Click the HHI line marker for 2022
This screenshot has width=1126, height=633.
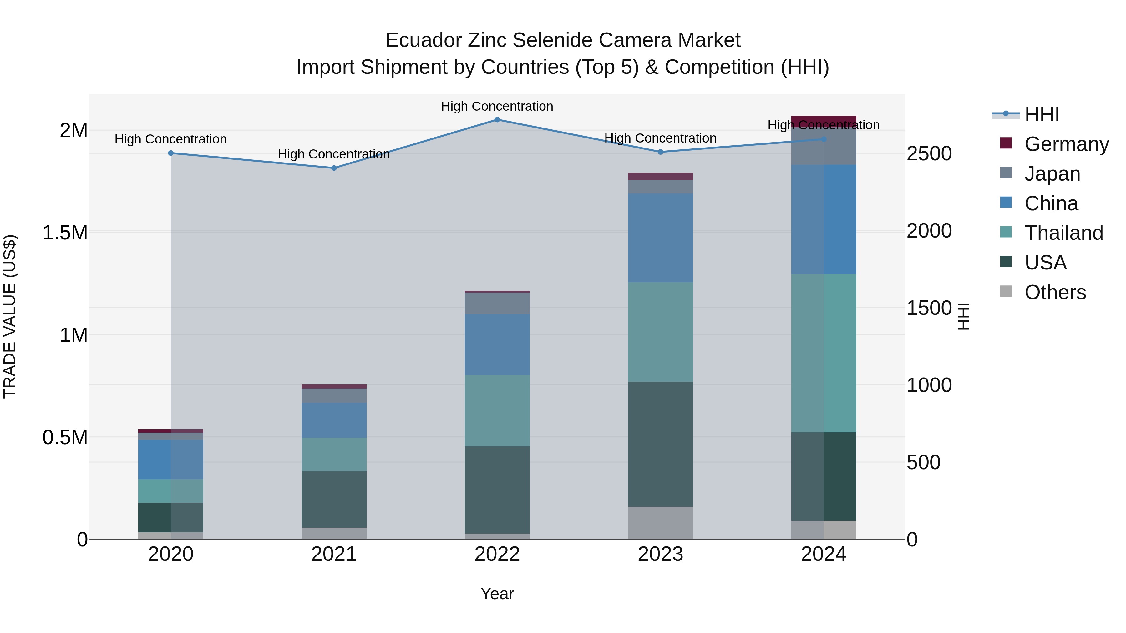point(497,120)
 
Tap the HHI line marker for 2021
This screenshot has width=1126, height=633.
point(334,168)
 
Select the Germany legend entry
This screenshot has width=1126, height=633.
point(1066,144)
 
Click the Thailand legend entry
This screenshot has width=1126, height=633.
point(1063,233)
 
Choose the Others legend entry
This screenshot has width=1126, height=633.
point(1055,292)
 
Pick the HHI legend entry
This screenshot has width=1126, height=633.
point(1041,114)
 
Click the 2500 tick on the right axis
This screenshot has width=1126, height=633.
point(929,154)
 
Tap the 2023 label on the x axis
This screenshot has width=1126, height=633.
point(660,554)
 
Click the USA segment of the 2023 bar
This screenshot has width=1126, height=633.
point(660,444)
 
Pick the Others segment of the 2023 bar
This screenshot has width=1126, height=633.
point(660,523)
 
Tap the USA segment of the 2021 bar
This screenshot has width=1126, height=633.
point(334,499)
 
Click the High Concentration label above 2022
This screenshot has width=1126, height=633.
point(497,106)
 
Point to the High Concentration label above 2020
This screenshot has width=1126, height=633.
point(170,139)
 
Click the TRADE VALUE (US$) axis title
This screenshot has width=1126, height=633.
point(10,316)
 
